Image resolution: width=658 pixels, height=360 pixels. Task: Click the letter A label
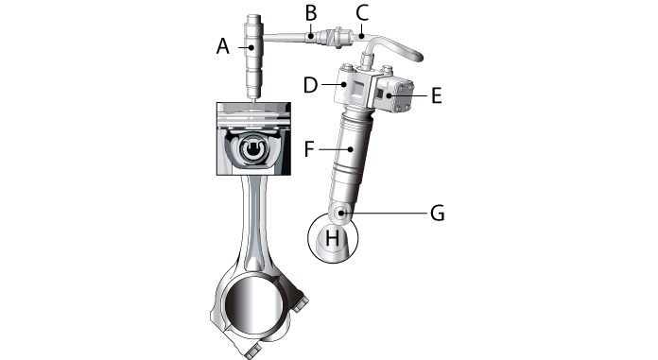pos(223,44)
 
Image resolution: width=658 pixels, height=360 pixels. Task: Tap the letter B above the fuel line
pos(309,12)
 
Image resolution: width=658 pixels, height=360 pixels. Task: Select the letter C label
pos(361,12)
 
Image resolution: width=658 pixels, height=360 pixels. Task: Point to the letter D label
pos(310,86)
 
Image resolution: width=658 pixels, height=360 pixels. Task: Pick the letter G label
pos(437,214)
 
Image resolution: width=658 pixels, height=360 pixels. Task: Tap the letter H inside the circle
pos(332,240)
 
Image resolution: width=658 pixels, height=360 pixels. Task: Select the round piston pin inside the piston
pos(252,151)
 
